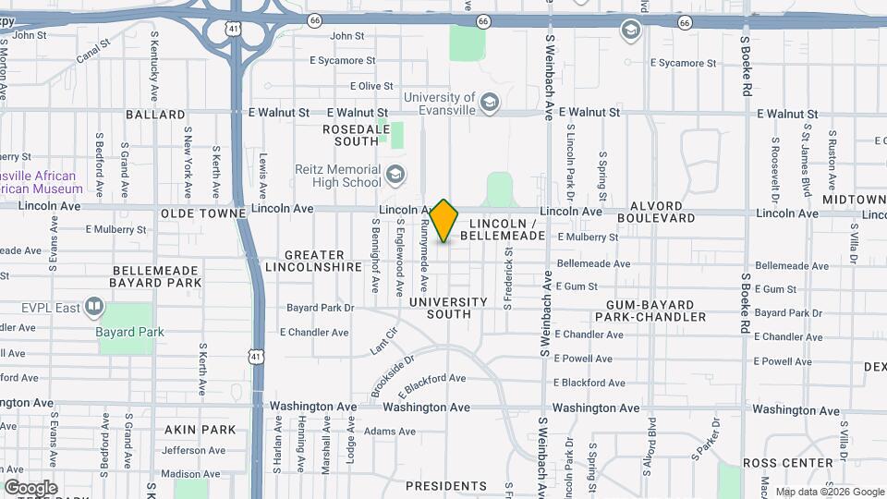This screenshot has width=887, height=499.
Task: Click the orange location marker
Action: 444,220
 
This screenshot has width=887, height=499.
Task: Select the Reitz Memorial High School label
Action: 337,176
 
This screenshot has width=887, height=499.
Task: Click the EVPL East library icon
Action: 94,306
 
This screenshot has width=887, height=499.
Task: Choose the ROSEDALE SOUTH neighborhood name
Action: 350,135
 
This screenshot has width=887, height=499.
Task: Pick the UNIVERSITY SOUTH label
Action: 447,308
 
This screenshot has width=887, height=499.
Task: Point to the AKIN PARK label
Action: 200,430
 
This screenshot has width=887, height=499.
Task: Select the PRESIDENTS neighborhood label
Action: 445,485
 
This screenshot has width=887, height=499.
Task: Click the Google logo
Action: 30,487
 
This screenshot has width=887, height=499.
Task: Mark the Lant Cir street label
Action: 383,341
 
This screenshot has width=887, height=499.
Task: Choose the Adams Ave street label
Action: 390,432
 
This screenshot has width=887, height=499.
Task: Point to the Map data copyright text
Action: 829,492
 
